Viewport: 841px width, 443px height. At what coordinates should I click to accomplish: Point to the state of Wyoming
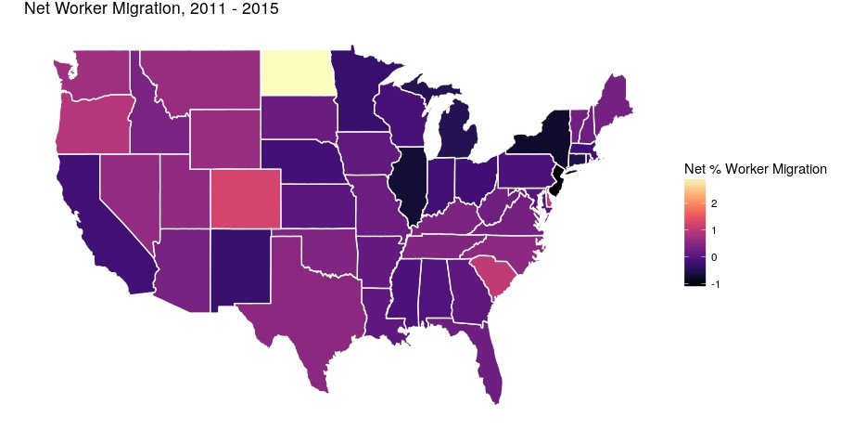point(223,140)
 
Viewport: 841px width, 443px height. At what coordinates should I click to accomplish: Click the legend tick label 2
point(714,202)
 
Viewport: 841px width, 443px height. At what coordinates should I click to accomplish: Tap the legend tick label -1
point(712,284)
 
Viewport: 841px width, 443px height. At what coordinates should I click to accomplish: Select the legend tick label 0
point(714,257)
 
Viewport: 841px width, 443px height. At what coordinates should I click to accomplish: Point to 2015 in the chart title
point(261,10)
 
